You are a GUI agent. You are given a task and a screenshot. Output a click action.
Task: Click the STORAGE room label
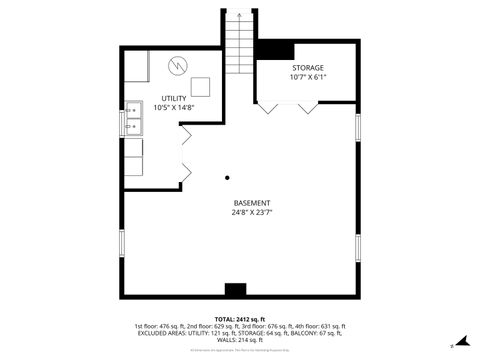307,67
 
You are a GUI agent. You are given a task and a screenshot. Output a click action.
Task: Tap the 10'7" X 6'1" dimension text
307,77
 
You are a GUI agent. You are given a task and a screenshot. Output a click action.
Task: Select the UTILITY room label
173,98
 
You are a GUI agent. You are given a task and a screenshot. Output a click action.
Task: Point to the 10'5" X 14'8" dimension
173,108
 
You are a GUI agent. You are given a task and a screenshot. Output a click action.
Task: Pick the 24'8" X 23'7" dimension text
252,212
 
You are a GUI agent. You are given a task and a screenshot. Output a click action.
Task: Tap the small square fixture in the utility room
200,85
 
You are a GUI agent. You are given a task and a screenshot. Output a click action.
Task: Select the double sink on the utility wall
132,119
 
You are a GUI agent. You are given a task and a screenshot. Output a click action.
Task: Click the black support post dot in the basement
228,177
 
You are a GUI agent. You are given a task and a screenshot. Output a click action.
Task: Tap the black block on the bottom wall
235,290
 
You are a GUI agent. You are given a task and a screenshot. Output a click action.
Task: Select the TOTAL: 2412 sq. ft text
239,318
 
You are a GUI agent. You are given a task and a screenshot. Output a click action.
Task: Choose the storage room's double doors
288,106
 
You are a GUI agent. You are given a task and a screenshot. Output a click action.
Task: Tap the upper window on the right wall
357,127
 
